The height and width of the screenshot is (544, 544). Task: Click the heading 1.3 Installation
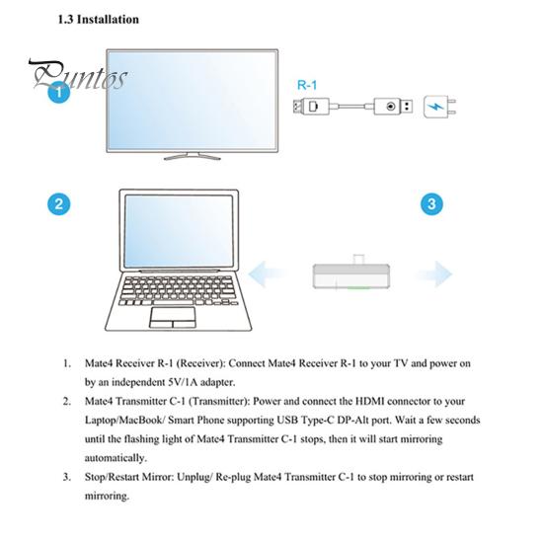point(98,20)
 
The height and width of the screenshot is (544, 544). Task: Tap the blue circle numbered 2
point(59,203)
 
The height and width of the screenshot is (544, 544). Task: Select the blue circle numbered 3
point(431,203)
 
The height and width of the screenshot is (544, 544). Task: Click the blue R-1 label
point(307,85)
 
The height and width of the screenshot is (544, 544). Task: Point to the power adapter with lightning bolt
point(439,107)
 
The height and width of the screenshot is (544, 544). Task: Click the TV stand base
point(192,156)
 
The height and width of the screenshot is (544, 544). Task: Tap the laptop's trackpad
point(173,318)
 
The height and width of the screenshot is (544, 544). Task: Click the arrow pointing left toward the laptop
point(268,274)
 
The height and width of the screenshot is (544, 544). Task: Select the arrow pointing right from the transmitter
point(434,274)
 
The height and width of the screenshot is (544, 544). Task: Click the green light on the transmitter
point(358,287)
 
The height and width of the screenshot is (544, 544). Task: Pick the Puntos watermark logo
point(78,75)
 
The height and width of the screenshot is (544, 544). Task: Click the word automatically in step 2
point(116,458)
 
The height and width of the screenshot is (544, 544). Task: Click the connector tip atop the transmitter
point(358,259)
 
